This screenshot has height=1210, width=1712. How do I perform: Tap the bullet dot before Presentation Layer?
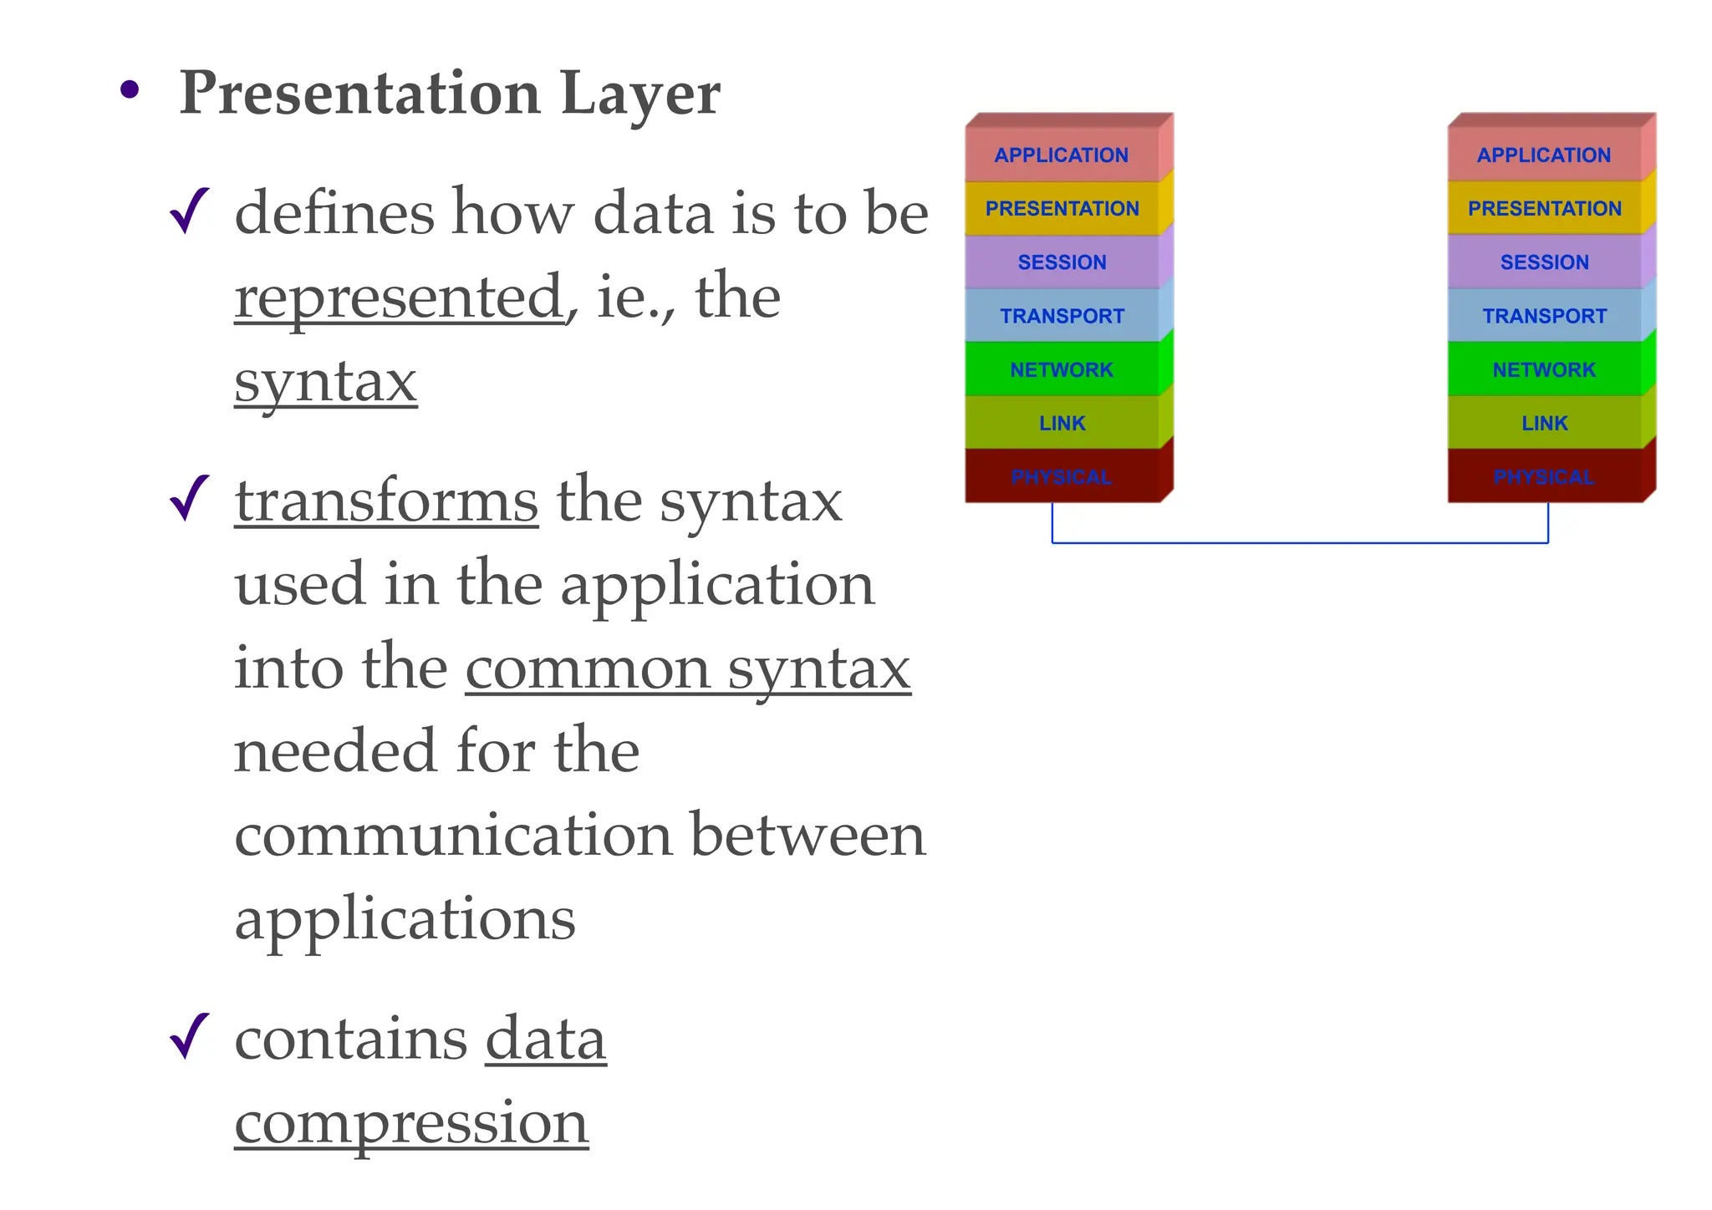point(129,89)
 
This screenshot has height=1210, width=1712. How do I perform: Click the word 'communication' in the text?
point(452,835)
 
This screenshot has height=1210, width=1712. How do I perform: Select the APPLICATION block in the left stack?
point(1062,155)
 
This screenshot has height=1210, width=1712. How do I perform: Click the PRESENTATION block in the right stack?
point(1544,208)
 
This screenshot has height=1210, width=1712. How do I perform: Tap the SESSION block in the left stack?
point(1062,262)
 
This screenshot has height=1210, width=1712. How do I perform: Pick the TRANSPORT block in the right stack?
point(1544,316)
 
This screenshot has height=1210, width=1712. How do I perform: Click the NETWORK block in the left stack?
point(1062,369)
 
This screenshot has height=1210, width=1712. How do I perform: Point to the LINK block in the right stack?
point(1544,423)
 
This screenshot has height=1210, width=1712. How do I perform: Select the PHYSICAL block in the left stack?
point(1062,476)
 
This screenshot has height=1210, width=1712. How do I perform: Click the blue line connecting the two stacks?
point(1300,543)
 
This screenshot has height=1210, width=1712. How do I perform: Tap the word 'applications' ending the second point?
point(405,919)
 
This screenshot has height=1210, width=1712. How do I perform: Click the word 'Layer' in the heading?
point(640,94)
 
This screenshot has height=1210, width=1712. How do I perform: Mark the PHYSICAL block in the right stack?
point(1544,476)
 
